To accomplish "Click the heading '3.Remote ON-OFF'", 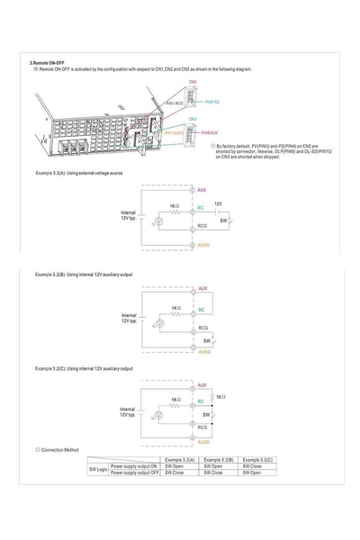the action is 48,62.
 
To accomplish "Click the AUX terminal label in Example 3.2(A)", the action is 202,190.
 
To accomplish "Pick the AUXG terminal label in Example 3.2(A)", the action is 203,245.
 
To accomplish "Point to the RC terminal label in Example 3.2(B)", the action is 202,311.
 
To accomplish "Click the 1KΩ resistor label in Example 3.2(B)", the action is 177,308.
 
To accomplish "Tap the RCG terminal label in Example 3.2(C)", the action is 203,428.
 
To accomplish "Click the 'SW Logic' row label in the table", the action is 98,470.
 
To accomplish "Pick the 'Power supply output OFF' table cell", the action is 134,472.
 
